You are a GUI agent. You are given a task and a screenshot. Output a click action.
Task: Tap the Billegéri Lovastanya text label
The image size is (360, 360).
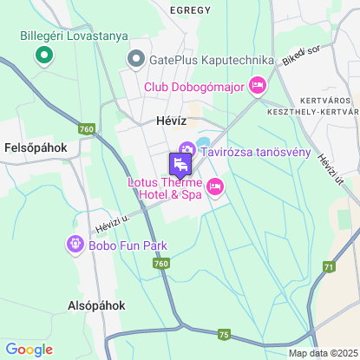[x=74, y=36]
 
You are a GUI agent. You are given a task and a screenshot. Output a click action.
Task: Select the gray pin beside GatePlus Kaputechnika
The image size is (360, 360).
[x=135, y=59]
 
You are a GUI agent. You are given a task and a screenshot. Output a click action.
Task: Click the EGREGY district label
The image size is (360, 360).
[x=191, y=10]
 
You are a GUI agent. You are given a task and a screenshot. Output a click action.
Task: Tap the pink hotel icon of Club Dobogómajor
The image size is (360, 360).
[x=257, y=85]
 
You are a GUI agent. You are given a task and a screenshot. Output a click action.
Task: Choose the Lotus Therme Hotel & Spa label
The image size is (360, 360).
[x=165, y=189]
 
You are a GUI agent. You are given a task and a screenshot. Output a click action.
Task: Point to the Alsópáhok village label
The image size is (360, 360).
[x=97, y=305]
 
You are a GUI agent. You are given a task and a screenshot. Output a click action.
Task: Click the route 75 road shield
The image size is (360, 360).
[x=225, y=334]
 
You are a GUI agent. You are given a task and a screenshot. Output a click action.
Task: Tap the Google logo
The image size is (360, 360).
[x=29, y=350]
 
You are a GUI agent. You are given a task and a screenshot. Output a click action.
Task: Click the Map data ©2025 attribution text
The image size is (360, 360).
[x=322, y=353]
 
